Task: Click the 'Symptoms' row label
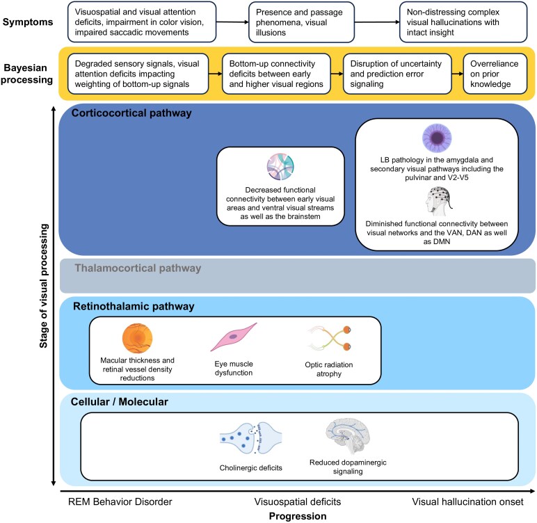point(28,22)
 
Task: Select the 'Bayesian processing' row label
point(26,74)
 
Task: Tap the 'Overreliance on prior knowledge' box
point(495,74)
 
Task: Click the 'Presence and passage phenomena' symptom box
point(301,22)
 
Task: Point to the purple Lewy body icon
point(437,138)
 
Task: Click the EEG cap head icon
point(438,202)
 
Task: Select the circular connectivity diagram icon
point(280,167)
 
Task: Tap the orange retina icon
point(137,339)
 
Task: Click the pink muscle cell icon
point(234,337)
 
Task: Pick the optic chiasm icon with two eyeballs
point(330,338)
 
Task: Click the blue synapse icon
point(250,438)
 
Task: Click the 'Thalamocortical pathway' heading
point(138,268)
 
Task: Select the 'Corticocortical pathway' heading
point(131,113)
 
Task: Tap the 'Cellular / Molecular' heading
point(119,402)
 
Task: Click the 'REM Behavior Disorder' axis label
point(120,501)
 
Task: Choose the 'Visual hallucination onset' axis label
point(467,501)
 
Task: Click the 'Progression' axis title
point(298,516)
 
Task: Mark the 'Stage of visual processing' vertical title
point(44,286)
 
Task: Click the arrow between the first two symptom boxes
point(232,22)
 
